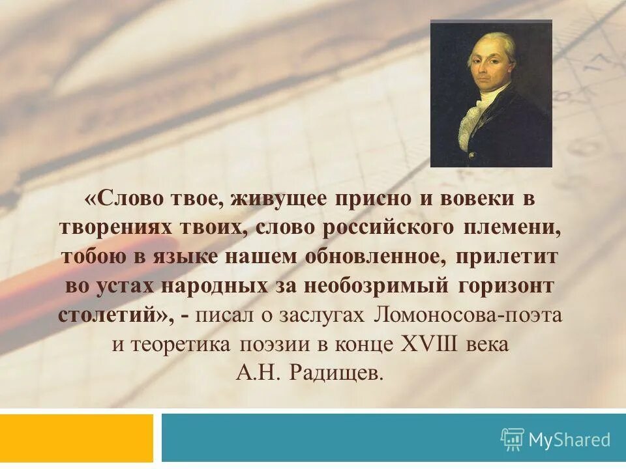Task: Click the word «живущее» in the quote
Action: (278, 201)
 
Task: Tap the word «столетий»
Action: (112, 314)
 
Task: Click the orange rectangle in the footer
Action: (76, 438)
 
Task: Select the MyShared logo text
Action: (569, 440)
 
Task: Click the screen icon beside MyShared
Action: (513, 440)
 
